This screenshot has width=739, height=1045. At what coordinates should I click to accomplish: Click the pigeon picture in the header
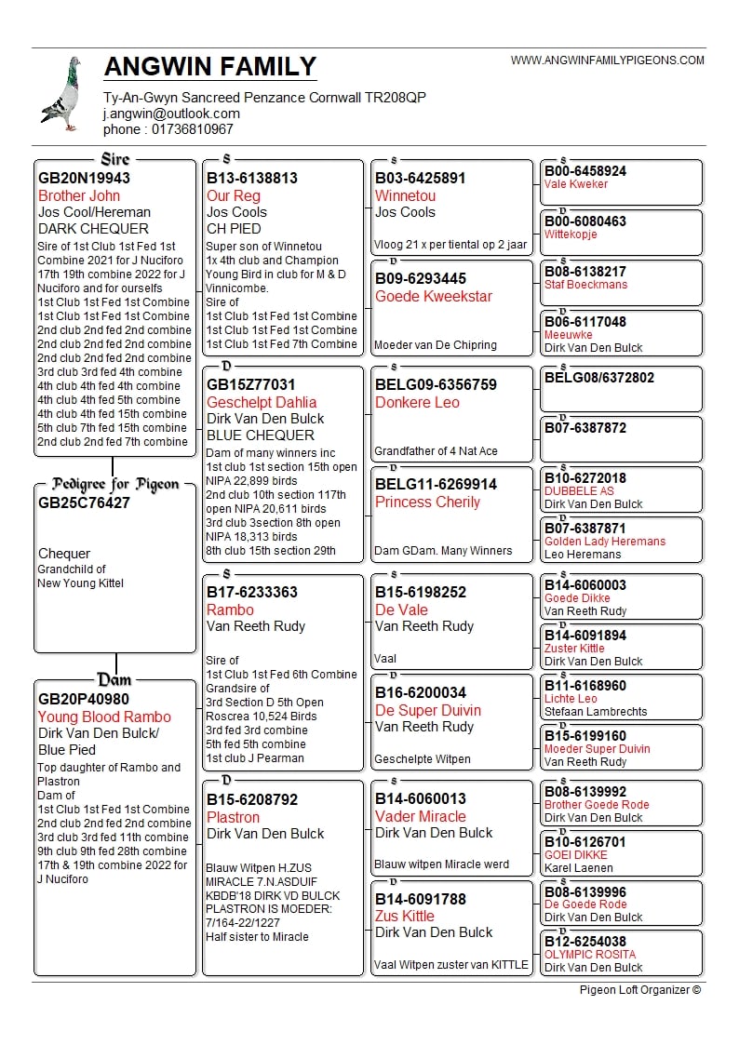pyautogui.click(x=61, y=94)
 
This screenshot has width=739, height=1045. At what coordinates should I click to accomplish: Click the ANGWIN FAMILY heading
pyautogui.click(x=210, y=67)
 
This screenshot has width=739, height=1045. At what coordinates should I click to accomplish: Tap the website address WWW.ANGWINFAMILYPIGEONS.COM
pyautogui.click(x=608, y=60)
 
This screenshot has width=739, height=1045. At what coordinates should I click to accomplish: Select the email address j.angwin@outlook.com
pyautogui.click(x=171, y=114)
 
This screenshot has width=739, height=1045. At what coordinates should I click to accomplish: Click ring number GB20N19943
pyautogui.click(x=84, y=178)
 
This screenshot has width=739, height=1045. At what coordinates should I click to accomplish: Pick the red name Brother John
pyautogui.click(x=79, y=195)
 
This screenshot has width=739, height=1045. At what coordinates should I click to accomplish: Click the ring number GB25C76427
pyautogui.click(x=84, y=502)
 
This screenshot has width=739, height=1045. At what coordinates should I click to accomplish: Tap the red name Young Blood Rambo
pyautogui.click(x=104, y=717)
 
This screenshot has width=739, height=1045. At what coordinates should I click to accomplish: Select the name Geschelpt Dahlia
pyautogui.click(x=262, y=402)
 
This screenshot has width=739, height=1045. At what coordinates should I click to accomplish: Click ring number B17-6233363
pyautogui.click(x=252, y=592)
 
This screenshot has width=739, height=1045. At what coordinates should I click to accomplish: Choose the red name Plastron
pyautogui.click(x=233, y=817)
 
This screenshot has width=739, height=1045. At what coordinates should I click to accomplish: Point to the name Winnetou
pyautogui.click(x=405, y=195)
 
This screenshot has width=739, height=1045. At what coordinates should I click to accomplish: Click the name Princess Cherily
pyautogui.click(x=427, y=502)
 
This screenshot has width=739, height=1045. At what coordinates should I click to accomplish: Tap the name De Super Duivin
pyautogui.click(x=428, y=710)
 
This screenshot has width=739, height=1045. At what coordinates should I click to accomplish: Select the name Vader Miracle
pyautogui.click(x=421, y=816)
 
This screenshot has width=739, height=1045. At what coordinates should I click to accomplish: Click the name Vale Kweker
pyautogui.click(x=576, y=184)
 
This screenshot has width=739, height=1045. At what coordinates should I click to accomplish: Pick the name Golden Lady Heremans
pyautogui.click(x=605, y=542)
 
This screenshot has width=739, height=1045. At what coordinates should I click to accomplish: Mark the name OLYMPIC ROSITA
pyautogui.click(x=590, y=955)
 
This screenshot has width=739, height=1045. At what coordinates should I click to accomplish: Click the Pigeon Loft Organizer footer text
pyautogui.click(x=640, y=990)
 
